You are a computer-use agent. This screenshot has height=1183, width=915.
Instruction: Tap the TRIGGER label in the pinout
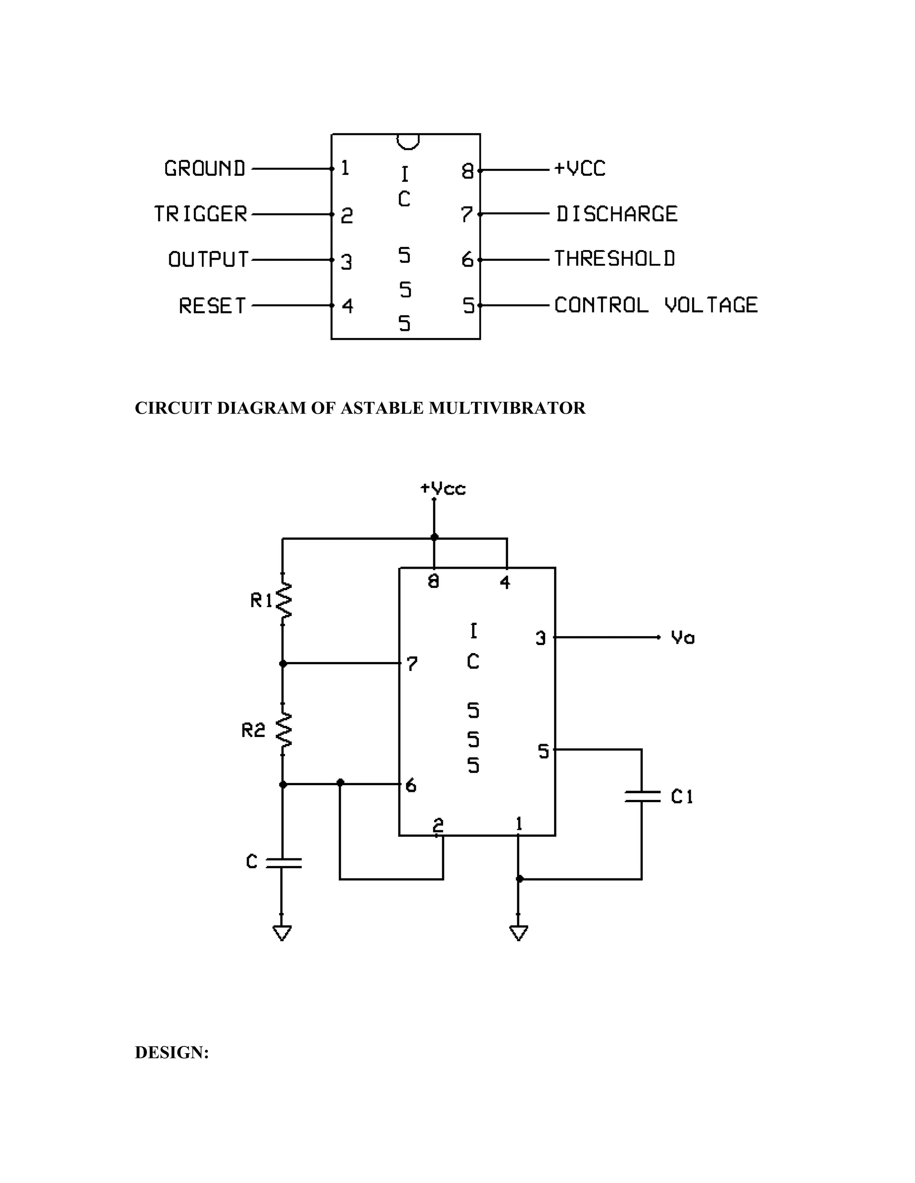coord(201,214)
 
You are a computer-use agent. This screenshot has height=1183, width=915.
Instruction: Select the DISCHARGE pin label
coord(617,214)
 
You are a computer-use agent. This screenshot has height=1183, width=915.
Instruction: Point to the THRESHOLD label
coord(615,259)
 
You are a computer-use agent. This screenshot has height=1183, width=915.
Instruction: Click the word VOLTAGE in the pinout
coord(711,305)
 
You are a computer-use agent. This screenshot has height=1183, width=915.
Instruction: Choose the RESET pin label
coord(213,306)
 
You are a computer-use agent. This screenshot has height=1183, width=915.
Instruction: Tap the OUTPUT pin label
coord(208,259)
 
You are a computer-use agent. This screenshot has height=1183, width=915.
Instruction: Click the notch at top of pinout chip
coord(407,142)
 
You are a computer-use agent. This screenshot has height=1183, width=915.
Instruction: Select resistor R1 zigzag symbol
coord(284,600)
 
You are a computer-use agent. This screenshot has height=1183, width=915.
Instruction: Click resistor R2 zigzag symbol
coord(284,730)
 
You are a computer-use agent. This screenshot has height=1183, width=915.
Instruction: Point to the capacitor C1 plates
coord(642,796)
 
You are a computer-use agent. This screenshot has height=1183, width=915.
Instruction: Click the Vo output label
coord(683,637)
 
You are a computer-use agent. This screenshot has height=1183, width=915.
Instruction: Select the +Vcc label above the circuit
coord(443,488)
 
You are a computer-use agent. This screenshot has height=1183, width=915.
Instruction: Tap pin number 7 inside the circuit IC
coord(412,663)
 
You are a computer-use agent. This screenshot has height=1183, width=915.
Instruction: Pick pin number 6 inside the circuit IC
coord(411,785)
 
